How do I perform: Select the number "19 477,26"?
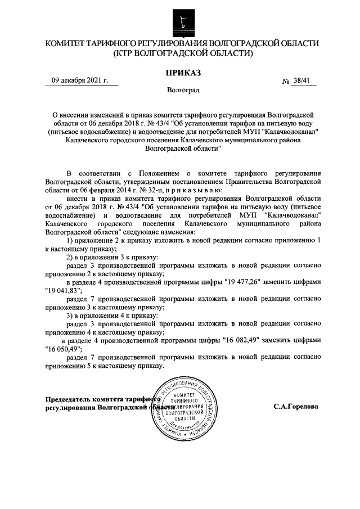coord(241,282)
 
